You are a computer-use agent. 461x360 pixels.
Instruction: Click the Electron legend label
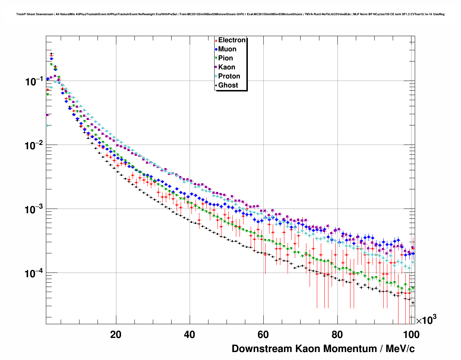(x=232, y=40)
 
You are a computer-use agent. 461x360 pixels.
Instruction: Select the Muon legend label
(x=227, y=49)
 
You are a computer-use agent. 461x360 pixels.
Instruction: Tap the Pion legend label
(x=225, y=58)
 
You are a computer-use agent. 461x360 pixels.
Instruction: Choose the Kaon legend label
(x=227, y=67)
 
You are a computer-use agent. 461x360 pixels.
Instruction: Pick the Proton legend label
(x=229, y=76)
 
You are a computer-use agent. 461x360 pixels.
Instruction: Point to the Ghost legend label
(x=228, y=85)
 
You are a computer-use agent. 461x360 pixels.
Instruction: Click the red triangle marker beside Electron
(x=216, y=40)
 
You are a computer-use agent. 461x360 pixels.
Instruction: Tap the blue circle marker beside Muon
(x=216, y=50)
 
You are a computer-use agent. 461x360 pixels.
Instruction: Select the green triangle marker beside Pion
(x=216, y=59)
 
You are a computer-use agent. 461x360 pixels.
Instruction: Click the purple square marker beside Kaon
(x=216, y=67)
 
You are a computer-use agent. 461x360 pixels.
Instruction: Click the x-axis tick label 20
(x=116, y=335)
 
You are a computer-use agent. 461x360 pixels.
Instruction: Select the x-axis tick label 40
(x=189, y=335)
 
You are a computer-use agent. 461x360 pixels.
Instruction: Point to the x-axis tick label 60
(x=263, y=335)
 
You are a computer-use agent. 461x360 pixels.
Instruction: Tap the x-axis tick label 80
(x=337, y=335)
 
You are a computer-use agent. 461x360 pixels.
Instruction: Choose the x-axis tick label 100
(x=411, y=335)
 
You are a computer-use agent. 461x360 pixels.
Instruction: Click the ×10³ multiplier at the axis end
(x=426, y=320)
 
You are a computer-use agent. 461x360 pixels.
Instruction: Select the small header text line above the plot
(x=230, y=14)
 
